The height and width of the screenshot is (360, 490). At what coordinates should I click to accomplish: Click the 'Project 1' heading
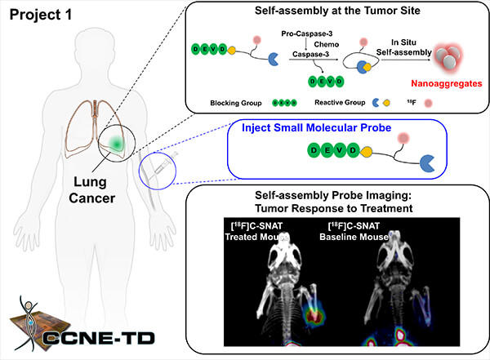(41, 15)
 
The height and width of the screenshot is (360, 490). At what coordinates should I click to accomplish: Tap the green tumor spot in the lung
(116, 144)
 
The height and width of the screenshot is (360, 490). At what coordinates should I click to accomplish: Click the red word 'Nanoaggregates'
(446, 83)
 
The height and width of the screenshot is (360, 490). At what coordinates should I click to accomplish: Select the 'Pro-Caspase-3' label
(306, 33)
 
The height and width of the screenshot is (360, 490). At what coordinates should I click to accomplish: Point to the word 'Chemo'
(326, 44)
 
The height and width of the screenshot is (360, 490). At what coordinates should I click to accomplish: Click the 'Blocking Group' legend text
(236, 103)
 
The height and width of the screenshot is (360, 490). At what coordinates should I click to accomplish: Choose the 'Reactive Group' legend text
(340, 103)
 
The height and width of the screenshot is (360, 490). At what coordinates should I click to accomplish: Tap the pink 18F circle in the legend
(428, 103)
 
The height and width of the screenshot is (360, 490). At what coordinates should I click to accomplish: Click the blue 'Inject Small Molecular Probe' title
(316, 127)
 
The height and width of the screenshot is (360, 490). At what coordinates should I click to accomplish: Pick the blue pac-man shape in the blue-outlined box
(427, 163)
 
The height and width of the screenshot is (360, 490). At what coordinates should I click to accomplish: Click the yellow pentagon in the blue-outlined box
(366, 152)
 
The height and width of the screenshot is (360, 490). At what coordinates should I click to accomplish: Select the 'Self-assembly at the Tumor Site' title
(337, 11)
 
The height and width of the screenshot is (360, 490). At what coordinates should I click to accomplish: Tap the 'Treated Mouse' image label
(256, 237)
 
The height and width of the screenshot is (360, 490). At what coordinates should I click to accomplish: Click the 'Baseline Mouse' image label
(354, 237)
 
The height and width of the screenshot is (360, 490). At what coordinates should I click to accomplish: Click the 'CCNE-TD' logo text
(99, 338)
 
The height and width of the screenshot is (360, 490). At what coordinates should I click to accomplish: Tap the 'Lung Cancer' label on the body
(91, 190)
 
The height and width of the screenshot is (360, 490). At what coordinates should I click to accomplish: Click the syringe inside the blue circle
(161, 166)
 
